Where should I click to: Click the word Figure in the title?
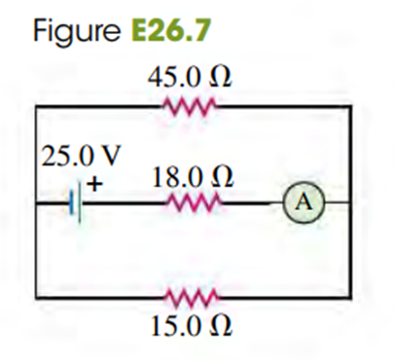tap(76, 30)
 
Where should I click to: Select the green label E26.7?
tap(171, 30)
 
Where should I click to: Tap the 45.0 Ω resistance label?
tap(190, 78)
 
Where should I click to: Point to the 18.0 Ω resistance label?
tap(193, 178)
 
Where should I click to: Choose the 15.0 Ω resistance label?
tap(192, 326)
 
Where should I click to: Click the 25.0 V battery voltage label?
tap(81, 156)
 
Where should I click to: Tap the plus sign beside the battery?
tap(94, 184)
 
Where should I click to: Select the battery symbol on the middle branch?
tap(75, 203)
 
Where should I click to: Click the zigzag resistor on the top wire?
tap(190, 106)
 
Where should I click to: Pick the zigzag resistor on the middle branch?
tap(194, 203)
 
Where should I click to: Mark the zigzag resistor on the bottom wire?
tap(192, 297)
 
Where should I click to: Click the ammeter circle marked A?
tap(304, 202)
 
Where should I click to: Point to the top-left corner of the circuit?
tap(36, 106)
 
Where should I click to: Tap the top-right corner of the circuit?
tap(350, 106)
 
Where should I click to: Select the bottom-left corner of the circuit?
tap(36, 297)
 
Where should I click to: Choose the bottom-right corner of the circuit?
tap(350, 297)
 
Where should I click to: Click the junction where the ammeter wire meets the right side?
tap(349, 202)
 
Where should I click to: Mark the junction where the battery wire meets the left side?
tap(36, 203)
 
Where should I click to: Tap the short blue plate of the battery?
tap(71, 202)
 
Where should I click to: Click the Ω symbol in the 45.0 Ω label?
tap(222, 78)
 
